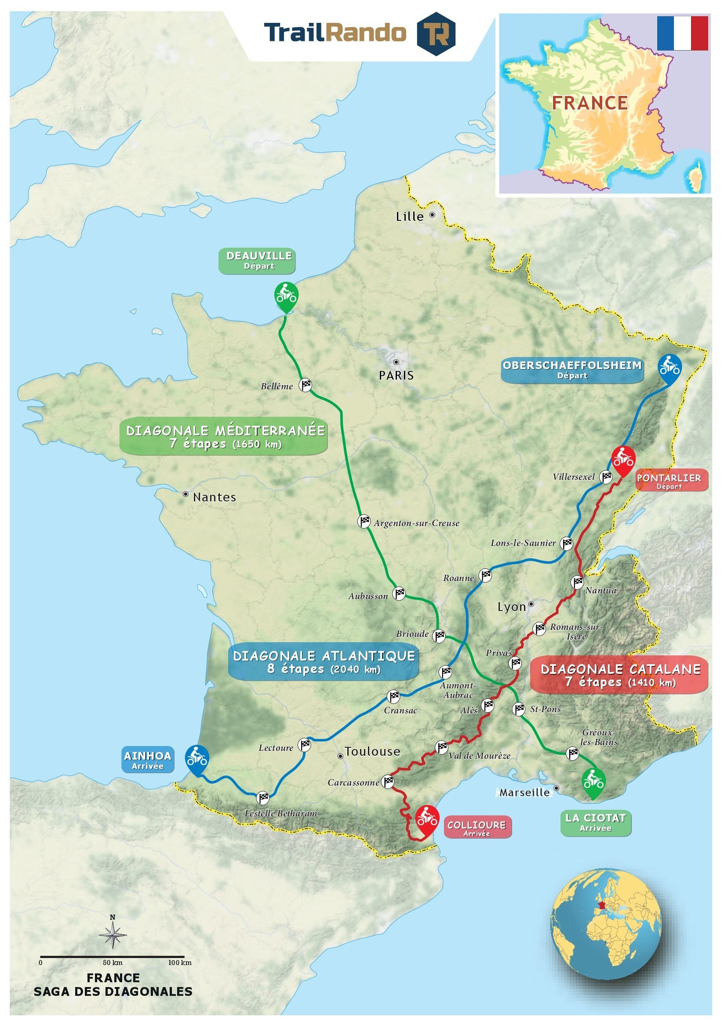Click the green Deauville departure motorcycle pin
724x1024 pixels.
(x=286, y=295)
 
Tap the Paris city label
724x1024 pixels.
(x=396, y=376)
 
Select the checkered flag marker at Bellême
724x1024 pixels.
(x=305, y=385)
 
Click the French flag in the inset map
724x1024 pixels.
(x=682, y=33)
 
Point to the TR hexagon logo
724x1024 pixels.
(x=436, y=33)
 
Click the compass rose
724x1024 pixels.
(x=113, y=935)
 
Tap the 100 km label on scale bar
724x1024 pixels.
(x=180, y=962)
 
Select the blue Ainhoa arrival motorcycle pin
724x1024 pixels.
(x=196, y=758)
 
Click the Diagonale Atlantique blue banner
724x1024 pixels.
(x=324, y=662)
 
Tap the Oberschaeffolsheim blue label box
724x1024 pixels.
(x=572, y=370)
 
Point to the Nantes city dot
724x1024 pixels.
(x=186, y=494)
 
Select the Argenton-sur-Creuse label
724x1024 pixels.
(x=416, y=523)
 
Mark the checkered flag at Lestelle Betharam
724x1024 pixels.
(x=263, y=797)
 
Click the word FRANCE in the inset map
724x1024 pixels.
(x=589, y=103)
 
